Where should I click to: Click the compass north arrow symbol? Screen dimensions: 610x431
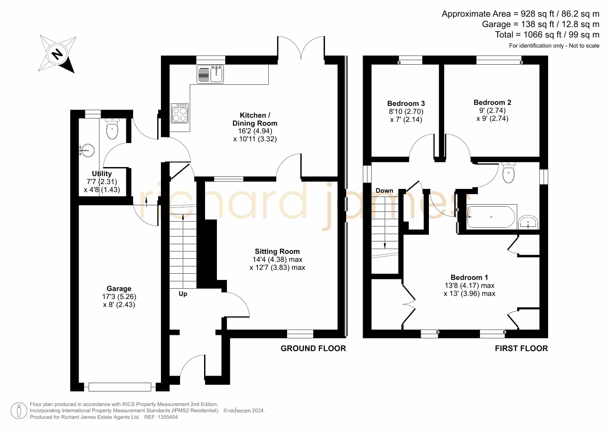57,54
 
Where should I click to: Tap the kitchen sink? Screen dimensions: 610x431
210,74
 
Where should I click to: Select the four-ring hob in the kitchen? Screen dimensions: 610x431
180,113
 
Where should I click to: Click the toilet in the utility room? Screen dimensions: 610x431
112,129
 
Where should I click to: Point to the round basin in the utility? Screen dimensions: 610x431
87,151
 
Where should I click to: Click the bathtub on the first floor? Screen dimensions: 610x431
491,217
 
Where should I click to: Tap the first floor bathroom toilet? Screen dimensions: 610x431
509,173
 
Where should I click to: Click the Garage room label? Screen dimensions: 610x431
119,289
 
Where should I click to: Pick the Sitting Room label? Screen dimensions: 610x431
277,251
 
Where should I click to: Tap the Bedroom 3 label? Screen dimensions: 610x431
406,103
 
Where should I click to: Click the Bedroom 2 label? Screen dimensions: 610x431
492,102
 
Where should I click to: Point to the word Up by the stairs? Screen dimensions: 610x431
183,294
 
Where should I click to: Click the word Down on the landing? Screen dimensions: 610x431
384,191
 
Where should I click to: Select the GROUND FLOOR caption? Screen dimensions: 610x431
313,348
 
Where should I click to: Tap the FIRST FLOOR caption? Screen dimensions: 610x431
521,348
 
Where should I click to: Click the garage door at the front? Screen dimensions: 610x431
120,387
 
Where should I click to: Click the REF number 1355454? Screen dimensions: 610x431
168,417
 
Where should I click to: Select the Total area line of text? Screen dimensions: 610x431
547,35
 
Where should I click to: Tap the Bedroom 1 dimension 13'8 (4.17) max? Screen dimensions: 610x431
469,285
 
